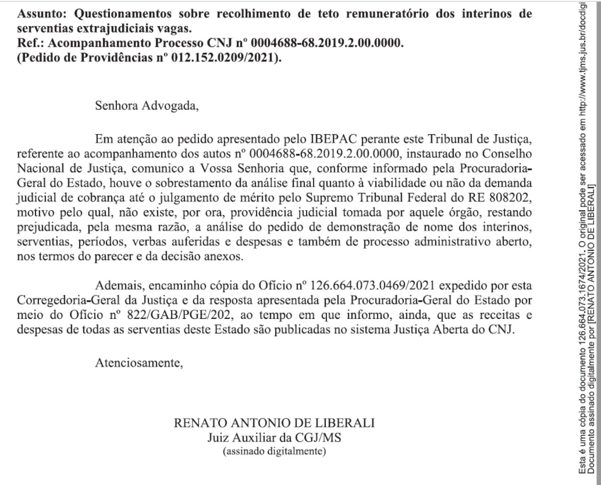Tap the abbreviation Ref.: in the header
coord(31,44)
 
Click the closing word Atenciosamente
coord(139,362)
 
